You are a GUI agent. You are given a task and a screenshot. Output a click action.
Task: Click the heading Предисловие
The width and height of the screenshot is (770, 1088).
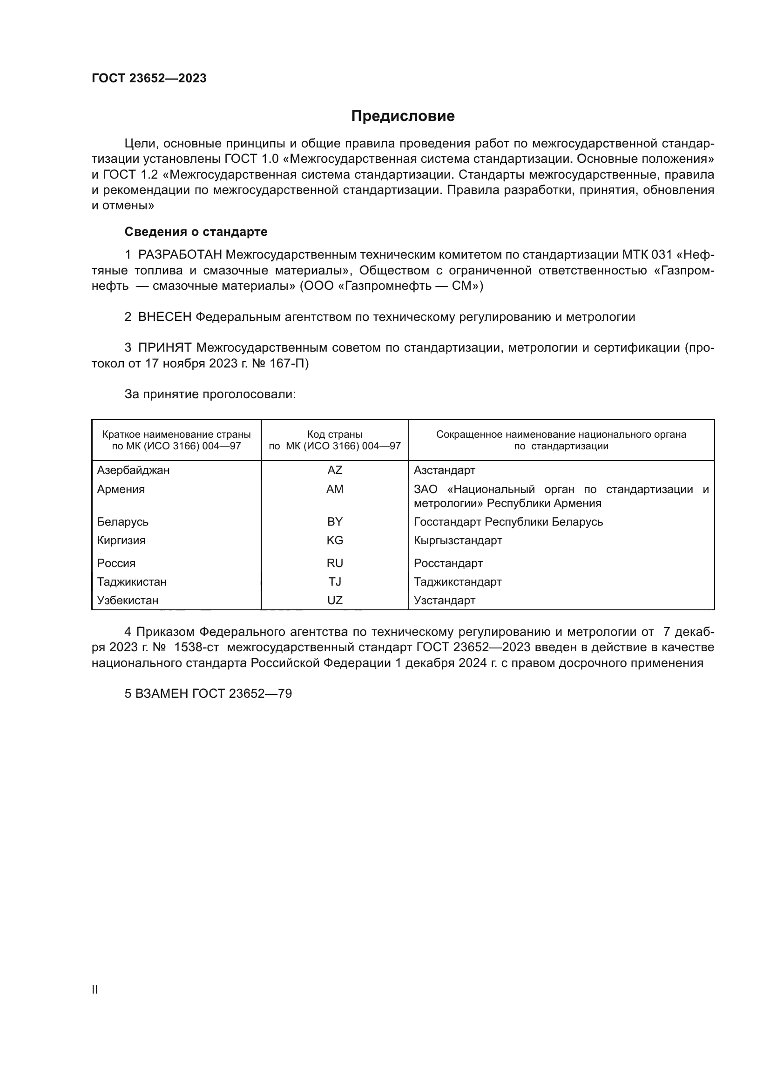pyautogui.click(x=403, y=116)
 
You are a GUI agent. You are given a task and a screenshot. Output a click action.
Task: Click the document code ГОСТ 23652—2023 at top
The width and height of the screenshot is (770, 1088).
pyautogui.click(x=149, y=78)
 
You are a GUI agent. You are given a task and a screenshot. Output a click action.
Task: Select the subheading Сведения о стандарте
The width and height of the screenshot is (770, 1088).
pyautogui.click(x=196, y=232)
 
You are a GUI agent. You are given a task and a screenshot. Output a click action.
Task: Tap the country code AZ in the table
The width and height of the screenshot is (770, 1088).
pyautogui.click(x=335, y=470)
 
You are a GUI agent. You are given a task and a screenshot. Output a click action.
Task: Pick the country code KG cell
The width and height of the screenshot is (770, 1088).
pyautogui.click(x=335, y=540)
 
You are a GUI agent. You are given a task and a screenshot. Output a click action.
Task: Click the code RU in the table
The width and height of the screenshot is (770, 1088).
pyautogui.click(x=335, y=563)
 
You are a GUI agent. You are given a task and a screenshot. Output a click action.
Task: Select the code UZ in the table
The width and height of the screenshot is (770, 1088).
pyautogui.click(x=335, y=601)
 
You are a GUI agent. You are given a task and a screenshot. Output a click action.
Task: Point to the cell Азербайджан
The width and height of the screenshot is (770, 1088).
pyautogui.click(x=133, y=470)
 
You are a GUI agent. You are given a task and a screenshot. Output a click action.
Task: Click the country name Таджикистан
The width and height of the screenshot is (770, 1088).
pyautogui.click(x=132, y=581)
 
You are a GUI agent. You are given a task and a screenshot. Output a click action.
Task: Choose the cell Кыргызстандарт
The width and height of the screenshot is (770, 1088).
pyautogui.click(x=458, y=540)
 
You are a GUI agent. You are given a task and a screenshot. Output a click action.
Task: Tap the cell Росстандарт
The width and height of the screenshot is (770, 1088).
pyautogui.click(x=448, y=563)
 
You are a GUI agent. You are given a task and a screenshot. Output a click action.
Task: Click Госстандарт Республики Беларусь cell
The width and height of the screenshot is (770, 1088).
pyautogui.click(x=508, y=522)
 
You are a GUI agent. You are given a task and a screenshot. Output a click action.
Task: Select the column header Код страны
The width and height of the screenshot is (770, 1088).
pyautogui.click(x=335, y=434)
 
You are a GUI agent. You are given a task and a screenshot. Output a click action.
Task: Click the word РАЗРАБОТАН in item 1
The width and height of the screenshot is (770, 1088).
pyautogui.click(x=180, y=255)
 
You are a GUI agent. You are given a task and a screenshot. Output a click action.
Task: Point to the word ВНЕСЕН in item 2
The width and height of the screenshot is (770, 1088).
pyautogui.click(x=164, y=317)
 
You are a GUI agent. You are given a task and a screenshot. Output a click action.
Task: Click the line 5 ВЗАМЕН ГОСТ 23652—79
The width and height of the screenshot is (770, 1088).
pyautogui.click(x=208, y=694)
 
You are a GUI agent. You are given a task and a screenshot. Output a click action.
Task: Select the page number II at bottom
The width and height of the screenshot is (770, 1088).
pyautogui.click(x=95, y=989)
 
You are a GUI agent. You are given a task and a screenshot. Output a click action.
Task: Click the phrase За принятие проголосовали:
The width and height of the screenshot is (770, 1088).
pyautogui.click(x=210, y=394)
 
